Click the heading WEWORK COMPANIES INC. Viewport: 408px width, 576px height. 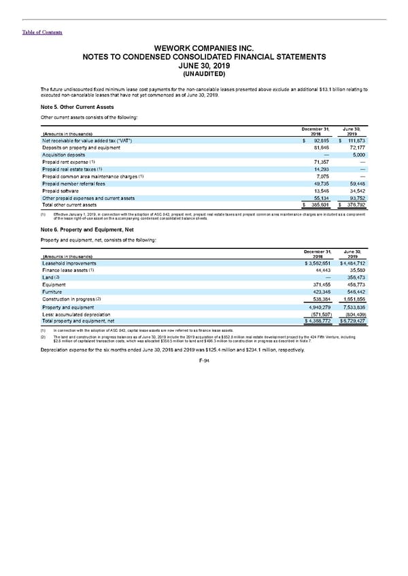[x=204, y=48]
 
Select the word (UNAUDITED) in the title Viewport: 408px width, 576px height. [x=204, y=75]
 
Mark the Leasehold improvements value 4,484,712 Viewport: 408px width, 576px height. [x=353, y=262]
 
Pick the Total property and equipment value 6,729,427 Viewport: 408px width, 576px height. [x=353, y=322]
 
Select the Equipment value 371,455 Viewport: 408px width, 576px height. [x=317, y=285]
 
